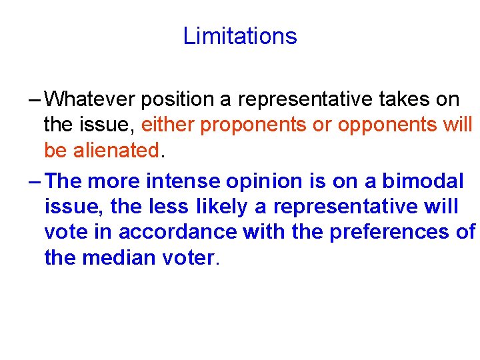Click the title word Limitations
(x=240, y=36)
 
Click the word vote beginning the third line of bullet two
(x=65, y=232)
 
